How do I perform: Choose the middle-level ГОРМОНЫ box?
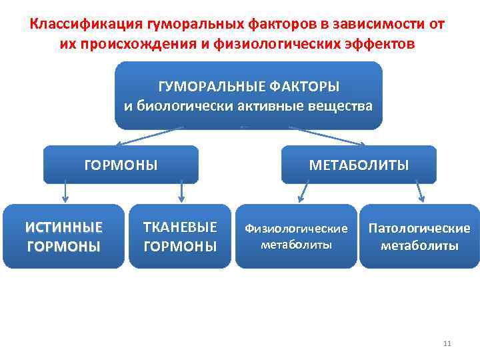[121, 165]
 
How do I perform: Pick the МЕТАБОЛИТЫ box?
[359, 165]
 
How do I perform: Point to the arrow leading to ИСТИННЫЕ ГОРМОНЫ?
[64, 193]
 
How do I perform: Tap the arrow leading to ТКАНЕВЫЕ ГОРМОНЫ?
[180, 193]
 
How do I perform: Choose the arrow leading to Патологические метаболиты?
[420, 193]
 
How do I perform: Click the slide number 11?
[447, 343]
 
